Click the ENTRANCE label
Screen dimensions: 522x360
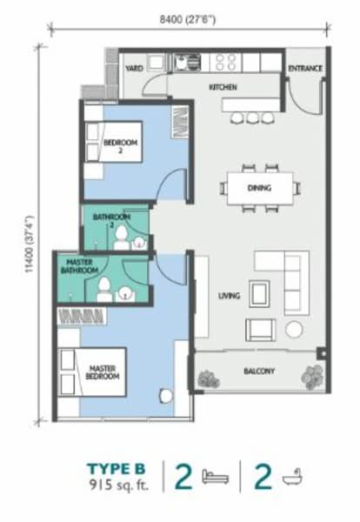[x=305, y=68]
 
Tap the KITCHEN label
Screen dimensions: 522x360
[x=223, y=87]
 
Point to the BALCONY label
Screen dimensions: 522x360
[x=259, y=371]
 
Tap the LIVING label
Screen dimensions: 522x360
[x=229, y=297]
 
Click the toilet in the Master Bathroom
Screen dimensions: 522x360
[x=103, y=290]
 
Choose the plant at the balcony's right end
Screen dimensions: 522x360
[x=310, y=377]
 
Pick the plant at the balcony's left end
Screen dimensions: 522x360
[x=207, y=378]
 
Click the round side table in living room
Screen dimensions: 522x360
[x=295, y=329]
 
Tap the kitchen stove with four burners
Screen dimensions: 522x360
[x=226, y=62]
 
